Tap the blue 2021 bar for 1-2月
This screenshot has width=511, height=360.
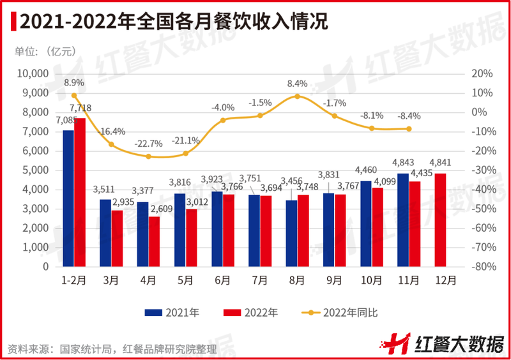[x=68, y=198]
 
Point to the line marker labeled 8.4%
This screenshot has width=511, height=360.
[x=297, y=96]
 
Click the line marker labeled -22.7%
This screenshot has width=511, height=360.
[x=148, y=156]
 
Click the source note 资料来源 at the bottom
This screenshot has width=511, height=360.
[x=112, y=349]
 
